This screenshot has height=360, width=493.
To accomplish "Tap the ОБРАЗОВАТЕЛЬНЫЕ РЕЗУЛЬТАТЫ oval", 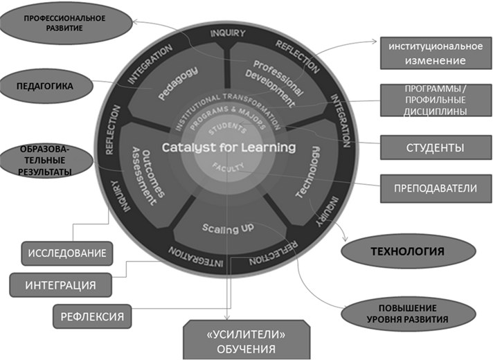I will pyautogui.click(x=46, y=161).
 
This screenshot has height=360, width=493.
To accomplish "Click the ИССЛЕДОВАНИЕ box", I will pyautogui.click(x=67, y=253).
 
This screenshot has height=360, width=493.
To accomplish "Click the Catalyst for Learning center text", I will pyautogui.click(x=228, y=147).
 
